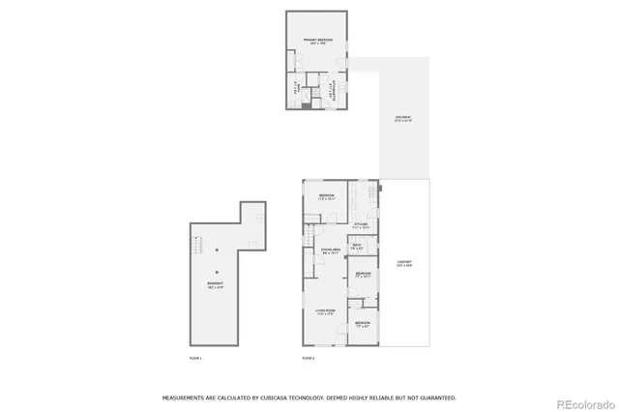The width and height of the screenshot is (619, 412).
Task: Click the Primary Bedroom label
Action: [x=316, y=41]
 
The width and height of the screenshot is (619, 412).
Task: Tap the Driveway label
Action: [x=403, y=120]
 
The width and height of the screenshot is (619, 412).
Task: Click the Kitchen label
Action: [x=361, y=225]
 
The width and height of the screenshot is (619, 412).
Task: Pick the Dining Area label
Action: [x=331, y=251]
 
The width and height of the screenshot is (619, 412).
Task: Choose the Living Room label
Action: [x=326, y=311]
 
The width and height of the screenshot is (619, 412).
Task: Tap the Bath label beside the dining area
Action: [x=357, y=247]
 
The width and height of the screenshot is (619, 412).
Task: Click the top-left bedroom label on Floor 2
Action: [x=327, y=197]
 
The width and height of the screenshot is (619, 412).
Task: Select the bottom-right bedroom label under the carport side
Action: [x=362, y=324]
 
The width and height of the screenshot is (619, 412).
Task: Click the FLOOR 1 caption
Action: [x=195, y=358]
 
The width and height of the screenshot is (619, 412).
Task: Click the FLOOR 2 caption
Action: [x=309, y=358]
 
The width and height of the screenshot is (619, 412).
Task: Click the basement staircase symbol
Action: [x=198, y=245]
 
